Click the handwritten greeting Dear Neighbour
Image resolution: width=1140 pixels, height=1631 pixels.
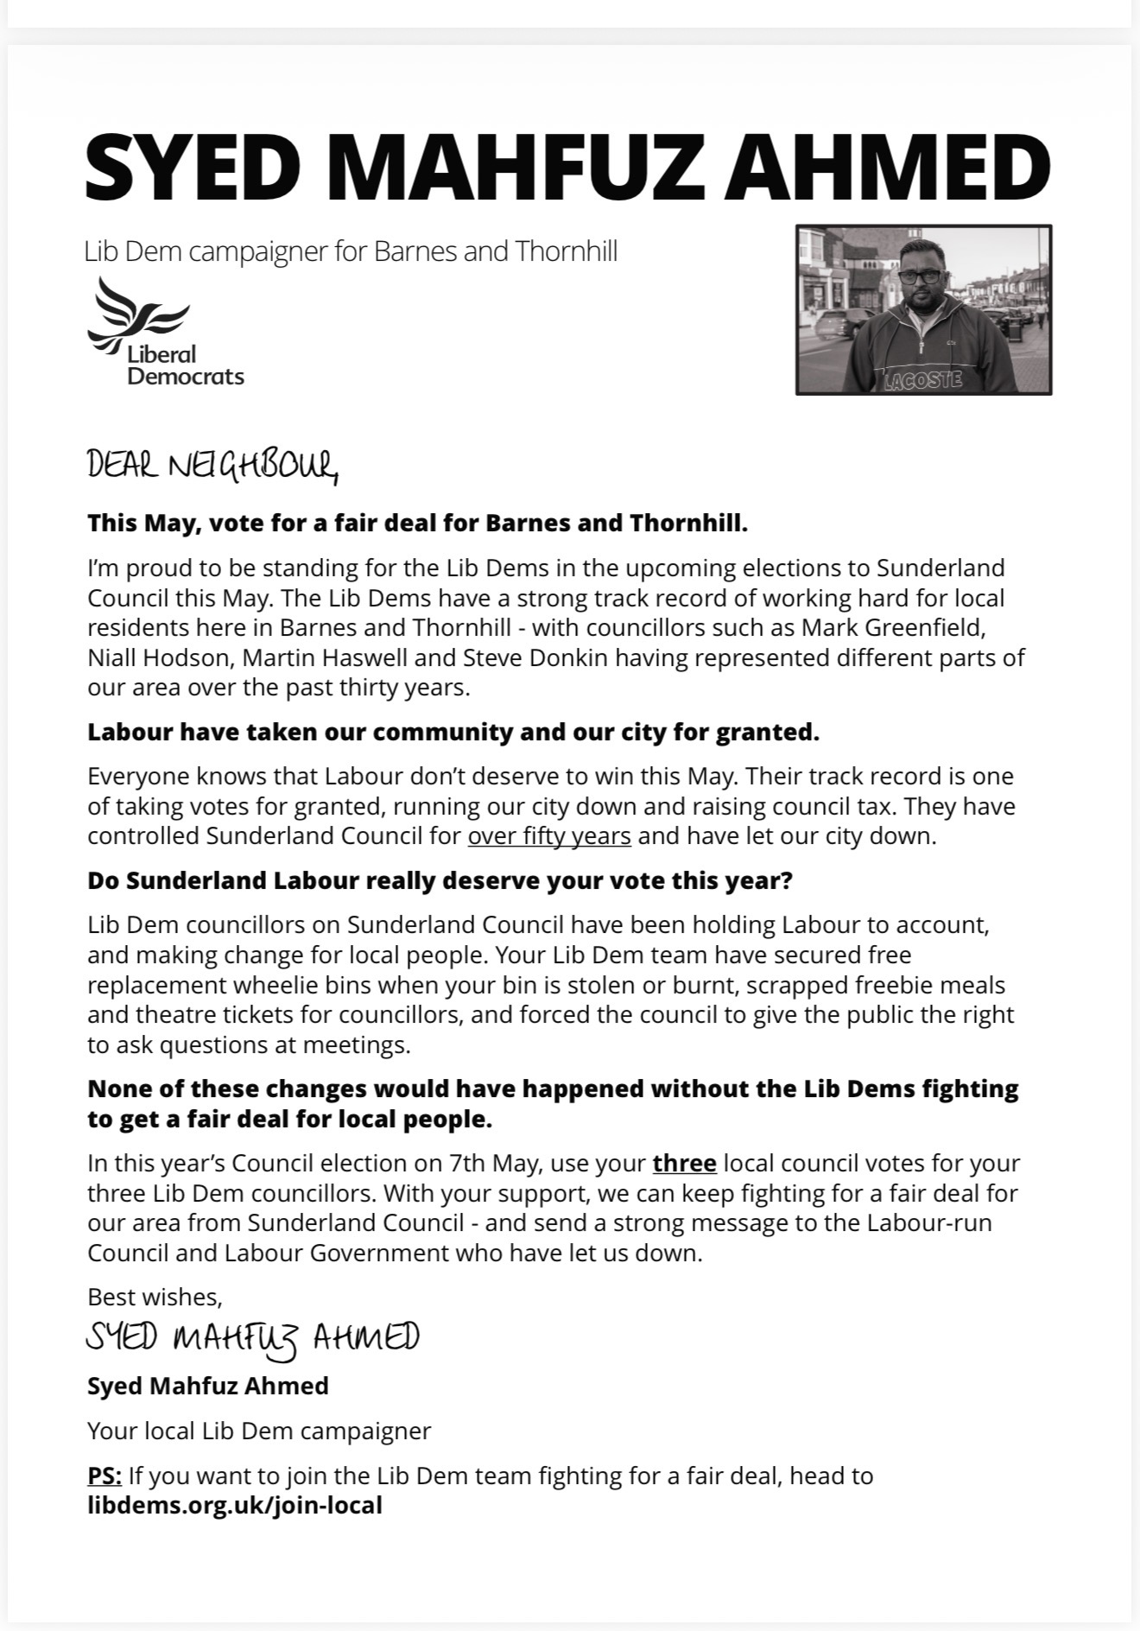212,467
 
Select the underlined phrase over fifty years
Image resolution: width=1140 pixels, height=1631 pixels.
549,836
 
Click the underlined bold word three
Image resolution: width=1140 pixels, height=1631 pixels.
684,1163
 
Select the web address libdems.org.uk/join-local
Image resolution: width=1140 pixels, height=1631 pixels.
234,1506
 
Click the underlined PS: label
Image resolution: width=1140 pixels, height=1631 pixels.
104,1476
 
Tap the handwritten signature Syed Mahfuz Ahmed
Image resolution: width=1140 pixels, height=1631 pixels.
252,1338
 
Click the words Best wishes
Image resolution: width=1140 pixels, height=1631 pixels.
155,1297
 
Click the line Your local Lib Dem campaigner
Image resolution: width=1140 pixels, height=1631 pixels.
258,1431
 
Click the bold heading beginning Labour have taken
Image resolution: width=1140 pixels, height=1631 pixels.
453,732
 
